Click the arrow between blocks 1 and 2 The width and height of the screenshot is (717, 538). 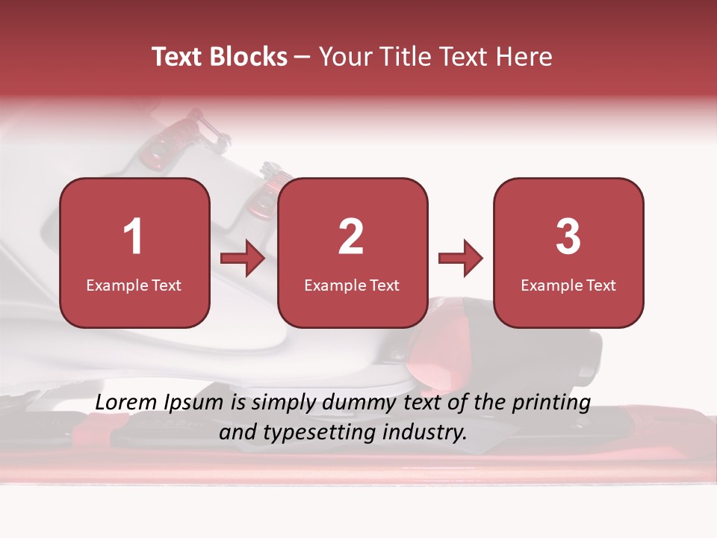tap(243, 259)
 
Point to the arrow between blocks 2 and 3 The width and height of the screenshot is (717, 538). tap(460, 259)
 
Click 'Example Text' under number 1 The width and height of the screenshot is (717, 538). tap(134, 285)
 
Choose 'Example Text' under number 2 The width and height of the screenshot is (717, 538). tap(352, 285)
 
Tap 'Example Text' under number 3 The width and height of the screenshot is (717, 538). tap(568, 285)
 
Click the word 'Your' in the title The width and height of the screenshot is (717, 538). tap(344, 57)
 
